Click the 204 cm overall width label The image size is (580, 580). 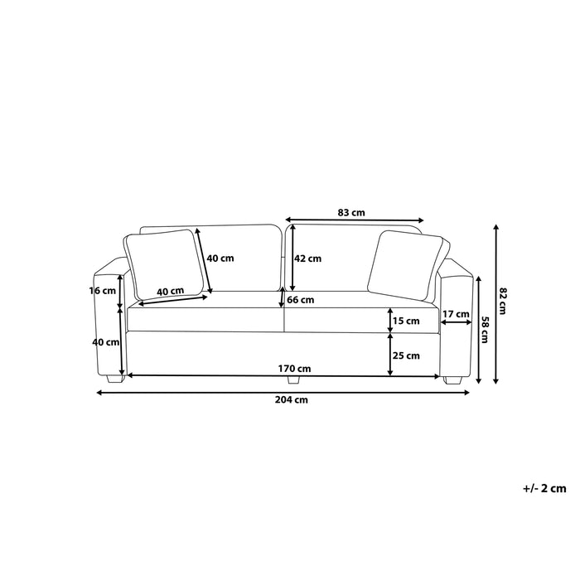(x=292, y=400)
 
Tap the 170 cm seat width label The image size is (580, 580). (x=294, y=369)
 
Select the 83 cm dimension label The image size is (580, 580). (x=351, y=213)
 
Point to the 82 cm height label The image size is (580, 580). (x=502, y=301)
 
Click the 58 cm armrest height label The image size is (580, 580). (x=485, y=330)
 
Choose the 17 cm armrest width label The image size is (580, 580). (x=456, y=314)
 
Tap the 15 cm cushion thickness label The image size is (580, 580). (x=406, y=321)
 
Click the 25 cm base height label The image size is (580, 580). (x=406, y=355)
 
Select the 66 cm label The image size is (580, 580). (x=300, y=300)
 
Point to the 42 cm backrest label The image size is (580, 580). (x=307, y=259)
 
